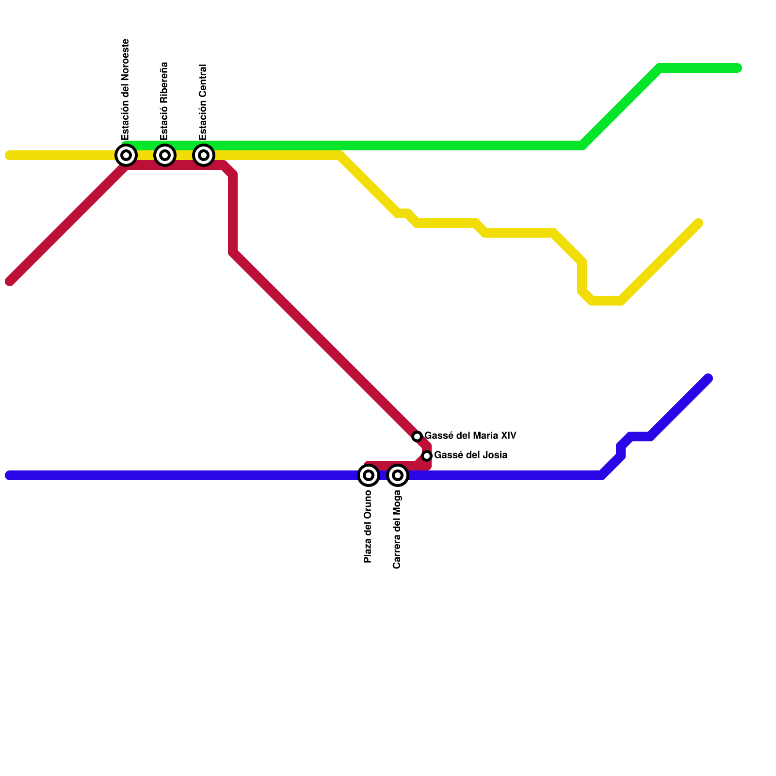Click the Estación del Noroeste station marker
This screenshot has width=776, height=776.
click(x=126, y=155)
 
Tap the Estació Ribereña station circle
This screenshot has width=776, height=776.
click(x=165, y=155)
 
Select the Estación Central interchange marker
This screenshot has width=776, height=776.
click(x=204, y=155)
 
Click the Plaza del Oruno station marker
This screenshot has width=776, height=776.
click(x=369, y=475)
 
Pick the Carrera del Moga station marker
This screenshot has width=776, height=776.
click(x=398, y=475)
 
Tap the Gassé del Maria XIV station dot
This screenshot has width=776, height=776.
click(x=417, y=436)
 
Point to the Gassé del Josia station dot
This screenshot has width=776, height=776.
click(x=427, y=456)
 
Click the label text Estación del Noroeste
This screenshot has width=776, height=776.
click(x=126, y=90)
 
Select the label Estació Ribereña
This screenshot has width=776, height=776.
click(x=164, y=101)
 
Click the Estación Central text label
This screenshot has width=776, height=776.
click(x=203, y=102)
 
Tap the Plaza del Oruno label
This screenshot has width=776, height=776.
click(x=368, y=526)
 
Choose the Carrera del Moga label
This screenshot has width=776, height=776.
click(x=397, y=529)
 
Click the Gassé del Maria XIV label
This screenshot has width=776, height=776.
click(x=470, y=436)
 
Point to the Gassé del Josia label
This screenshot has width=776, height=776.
click(x=470, y=455)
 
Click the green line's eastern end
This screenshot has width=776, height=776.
click(x=738, y=68)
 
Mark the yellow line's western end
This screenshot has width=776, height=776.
click(x=9, y=155)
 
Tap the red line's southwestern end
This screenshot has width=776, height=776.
click(x=10, y=281)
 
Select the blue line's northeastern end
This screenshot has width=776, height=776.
click(x=708, y=378)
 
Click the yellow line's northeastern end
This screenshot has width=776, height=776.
click(x=699, y=223)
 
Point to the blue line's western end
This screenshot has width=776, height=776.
click(x=9, y=475)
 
